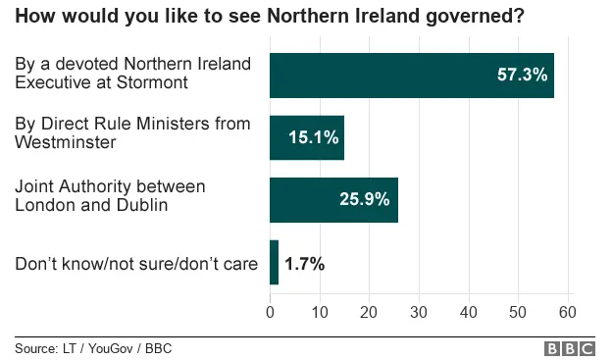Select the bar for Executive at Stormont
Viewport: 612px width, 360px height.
pos(411,75)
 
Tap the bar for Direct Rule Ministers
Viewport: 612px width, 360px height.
pos(306,137)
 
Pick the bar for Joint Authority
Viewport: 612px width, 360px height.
pos(333,199)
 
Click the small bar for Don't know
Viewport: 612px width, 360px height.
pos(274,263)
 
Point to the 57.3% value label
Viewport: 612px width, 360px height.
pos(522,75)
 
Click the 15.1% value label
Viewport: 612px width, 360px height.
pos(313,137)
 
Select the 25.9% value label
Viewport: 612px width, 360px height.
pos(364,199)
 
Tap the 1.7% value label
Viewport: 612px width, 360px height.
pos(304,263)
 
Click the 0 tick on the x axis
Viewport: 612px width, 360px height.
pos(270,312)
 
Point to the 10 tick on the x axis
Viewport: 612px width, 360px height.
pos(320,312)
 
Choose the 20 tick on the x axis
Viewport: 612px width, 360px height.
pos(369,312)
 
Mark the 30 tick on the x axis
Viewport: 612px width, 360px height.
pos(419,312)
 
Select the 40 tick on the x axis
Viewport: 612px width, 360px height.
pos(468,312)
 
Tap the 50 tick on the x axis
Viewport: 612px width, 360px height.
pos(518,312)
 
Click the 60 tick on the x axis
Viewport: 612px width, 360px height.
pos(567,312)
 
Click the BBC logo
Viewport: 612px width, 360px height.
pos(570,348)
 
